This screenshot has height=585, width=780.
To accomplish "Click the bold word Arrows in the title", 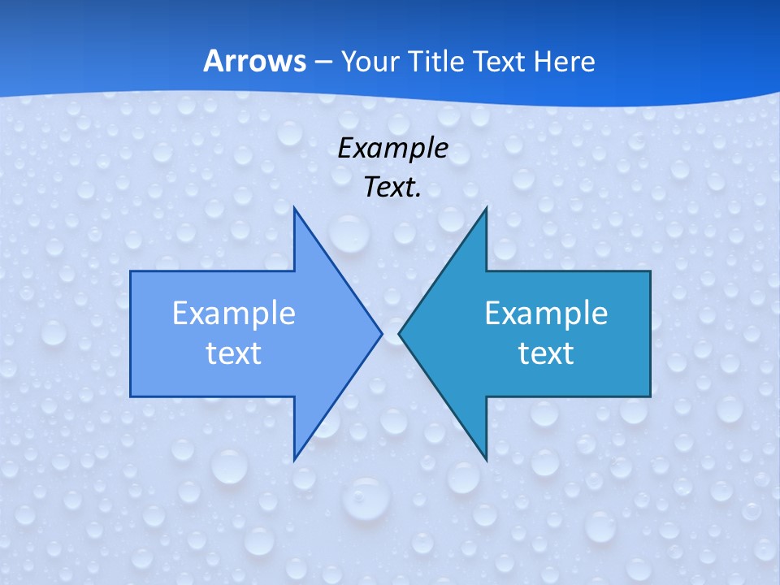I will [x=254, y=61].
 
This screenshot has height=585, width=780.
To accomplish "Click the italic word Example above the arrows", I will [x=392, y=148].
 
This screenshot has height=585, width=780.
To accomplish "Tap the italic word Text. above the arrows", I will [x=392, y=188].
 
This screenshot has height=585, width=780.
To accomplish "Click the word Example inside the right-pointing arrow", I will [x=234, y=314].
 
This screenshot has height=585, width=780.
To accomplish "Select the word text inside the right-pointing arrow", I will [x=234, y=353].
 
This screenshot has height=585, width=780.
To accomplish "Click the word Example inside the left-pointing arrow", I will [x=546, y=314].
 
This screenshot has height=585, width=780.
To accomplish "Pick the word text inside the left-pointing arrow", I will [x=546, y=353].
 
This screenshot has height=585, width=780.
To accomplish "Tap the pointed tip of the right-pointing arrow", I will [x=381, y=333].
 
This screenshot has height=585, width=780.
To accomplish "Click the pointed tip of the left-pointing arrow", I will [x=399, y=333].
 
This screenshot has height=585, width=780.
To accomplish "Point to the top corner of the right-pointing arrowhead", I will [x=294, y=209].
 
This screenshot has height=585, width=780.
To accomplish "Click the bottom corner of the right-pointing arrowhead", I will [x=294, y=459].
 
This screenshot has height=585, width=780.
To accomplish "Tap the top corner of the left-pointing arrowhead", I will [x=486, y=209].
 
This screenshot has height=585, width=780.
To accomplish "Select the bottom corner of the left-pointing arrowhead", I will [x=486, y=459].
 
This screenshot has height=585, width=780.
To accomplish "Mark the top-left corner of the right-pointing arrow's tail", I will [x=131, y=271].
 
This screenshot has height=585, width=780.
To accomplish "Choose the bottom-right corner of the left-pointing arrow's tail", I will [x=650, y=396].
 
